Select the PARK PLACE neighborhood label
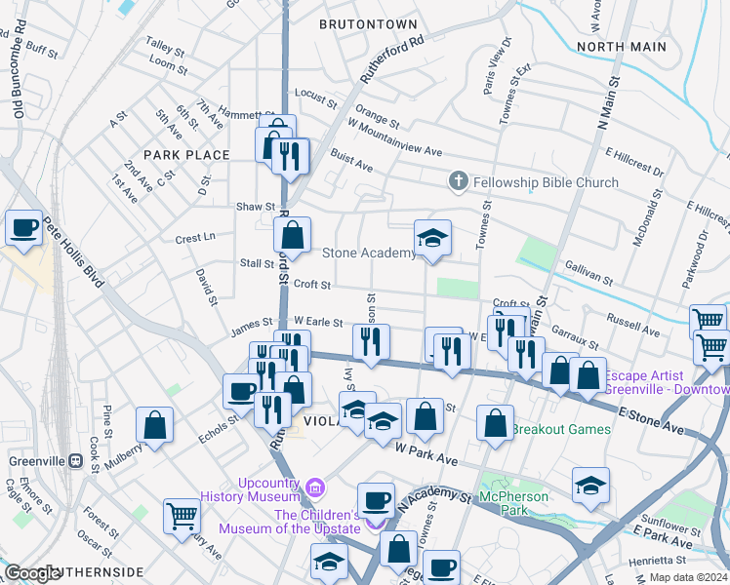pos(186,155)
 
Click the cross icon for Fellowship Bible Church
pos(459,182)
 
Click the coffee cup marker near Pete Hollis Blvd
pos(24,229)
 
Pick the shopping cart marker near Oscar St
pos(182,516)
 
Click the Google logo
pos(33,573)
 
